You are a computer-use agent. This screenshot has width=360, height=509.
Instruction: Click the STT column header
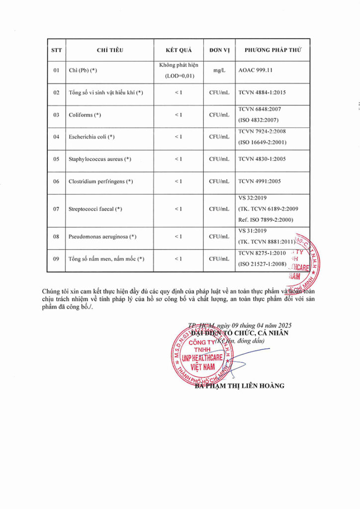point(56,50)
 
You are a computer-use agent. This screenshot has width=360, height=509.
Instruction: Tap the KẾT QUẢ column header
point(178,50)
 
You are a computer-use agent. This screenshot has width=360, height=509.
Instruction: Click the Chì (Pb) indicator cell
point(83,71)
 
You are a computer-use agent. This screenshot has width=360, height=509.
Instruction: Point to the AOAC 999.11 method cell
point(256,71)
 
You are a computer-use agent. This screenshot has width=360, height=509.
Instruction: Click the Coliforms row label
point(85,115)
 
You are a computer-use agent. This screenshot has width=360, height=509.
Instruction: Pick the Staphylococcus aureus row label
point(99,159)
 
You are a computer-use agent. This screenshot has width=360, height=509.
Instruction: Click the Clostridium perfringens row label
point(100,181)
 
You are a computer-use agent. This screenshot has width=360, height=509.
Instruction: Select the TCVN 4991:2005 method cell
point(260,181)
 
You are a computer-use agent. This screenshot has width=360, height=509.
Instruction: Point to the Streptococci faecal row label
point(95,209)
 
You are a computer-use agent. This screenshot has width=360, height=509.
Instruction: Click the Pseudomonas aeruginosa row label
point(102,237)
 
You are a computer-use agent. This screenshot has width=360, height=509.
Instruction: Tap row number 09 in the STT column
point(56,259)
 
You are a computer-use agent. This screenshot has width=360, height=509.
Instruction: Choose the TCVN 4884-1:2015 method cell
point(262,92)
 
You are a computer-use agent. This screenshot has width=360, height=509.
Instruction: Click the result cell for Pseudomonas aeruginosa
point(178,237)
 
